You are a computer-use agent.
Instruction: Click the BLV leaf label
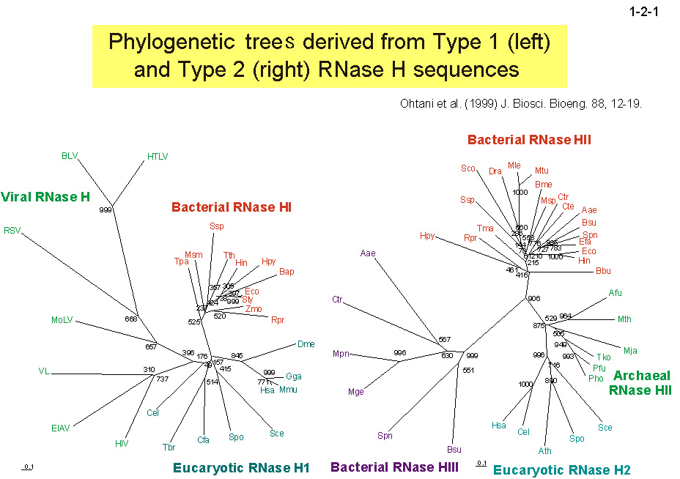tap(70, 155)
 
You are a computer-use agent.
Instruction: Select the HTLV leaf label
tap(158, 155)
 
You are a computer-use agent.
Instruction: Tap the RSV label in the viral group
tap(12, 230)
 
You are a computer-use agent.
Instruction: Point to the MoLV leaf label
tap(62, 320)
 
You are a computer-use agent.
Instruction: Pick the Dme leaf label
tap(306, 344)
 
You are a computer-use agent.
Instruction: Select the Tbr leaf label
tap(169, 446)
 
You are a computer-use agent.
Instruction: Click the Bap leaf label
tap(287, 272)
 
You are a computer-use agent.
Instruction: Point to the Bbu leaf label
tap(603, 271)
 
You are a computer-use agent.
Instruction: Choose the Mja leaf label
tap(630, 350)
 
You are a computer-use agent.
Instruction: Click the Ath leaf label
tap(545, 450)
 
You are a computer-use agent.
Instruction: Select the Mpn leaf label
tap(341, 354)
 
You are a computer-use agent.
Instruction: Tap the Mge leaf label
tap(356, 391)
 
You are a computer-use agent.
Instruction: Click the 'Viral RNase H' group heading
tap(45, 196)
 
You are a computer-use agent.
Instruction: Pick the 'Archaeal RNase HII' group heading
tap(640, 383)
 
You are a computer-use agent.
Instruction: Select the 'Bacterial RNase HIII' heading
tap(394, 467)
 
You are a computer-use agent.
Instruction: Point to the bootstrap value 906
tap(533, 298)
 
